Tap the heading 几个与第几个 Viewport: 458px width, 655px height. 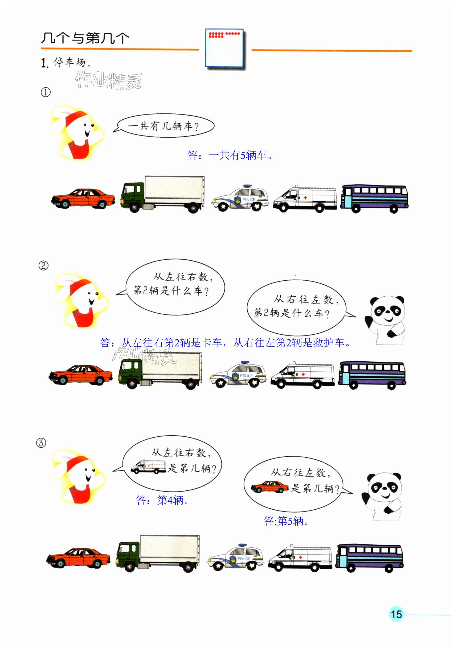85,38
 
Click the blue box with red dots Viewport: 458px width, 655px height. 224,48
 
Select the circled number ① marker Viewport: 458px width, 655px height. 46,92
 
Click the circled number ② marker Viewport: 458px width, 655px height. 43,266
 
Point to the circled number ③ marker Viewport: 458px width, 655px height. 41,443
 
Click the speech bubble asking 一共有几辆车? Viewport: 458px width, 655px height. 164,126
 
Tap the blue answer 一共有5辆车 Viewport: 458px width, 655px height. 230,155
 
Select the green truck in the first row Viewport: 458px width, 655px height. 162,194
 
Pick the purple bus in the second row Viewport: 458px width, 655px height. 372,375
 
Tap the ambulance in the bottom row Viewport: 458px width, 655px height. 300,558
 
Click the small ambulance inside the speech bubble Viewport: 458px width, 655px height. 148,466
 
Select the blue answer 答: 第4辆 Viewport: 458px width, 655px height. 162,500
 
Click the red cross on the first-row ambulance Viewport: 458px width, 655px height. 305,197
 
